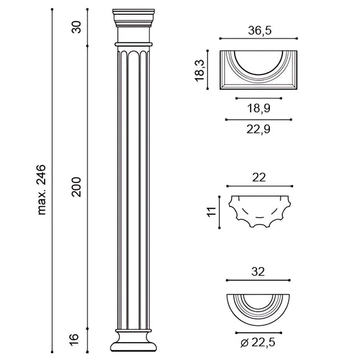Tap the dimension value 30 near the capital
[x=76, y=27]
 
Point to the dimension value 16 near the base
[x=75, y=339]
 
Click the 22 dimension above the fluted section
[x=259, y=177]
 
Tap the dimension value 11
[x=210, y=211]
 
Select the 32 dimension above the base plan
[x=259, y=271]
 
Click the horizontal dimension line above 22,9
[x=259, y=119]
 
